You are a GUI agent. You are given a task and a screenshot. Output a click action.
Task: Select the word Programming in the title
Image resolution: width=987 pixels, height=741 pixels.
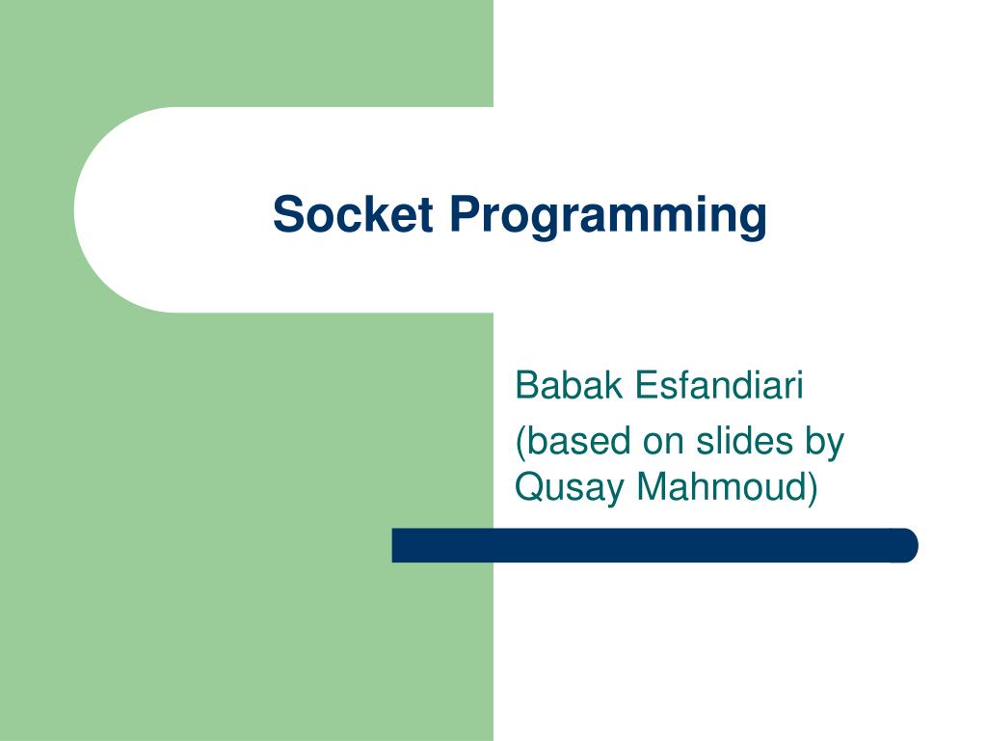pyautogui.click(x=606, y=215)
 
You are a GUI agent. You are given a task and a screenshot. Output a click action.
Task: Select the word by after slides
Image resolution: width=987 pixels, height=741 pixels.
pyautogui.click(x=822, y=443)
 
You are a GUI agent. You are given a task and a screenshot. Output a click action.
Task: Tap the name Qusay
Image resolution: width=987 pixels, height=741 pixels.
pyautogui.click(x=570, y=487)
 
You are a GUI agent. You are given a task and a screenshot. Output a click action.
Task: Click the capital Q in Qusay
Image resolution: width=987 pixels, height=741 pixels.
pyautogui.click(x=529, y=487)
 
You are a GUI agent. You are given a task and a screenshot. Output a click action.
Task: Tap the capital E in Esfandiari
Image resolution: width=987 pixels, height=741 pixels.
pyautogui.click(x=644, y=386)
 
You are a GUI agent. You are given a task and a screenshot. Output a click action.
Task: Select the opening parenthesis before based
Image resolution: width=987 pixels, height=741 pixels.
pyautogui.click(x=520, y=442)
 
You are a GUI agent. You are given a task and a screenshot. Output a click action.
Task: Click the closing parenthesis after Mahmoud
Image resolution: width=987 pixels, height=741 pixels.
pyautogui.click(x=813, y=487)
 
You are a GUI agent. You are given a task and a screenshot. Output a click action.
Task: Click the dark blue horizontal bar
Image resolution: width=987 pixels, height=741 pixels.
pyautogui.click(x=655, y=545)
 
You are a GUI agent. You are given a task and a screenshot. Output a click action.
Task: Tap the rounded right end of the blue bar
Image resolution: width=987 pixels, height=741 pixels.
pyautogui.click(x=908, y=545)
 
